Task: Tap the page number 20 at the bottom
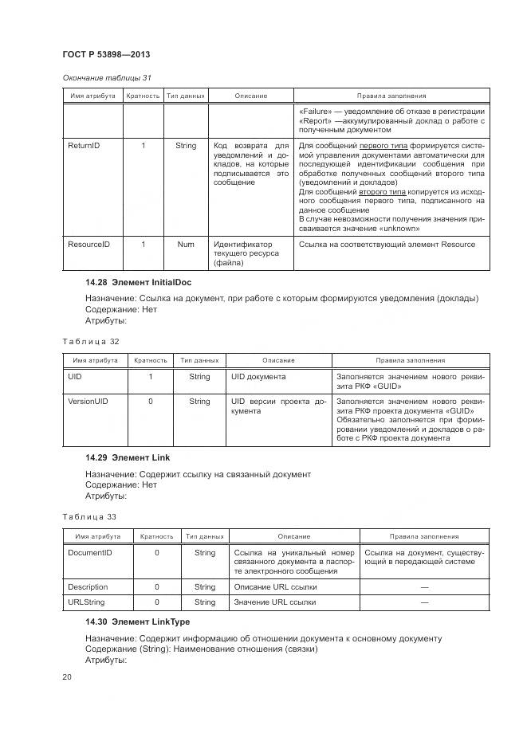67,676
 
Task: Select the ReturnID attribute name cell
83,146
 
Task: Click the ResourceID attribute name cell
88,244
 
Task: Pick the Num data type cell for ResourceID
185,244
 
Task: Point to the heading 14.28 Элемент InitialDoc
138,282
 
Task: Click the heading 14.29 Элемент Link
128,457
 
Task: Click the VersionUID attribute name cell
88,402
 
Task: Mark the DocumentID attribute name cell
89,552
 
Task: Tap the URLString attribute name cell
86,602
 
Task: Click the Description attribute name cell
88,587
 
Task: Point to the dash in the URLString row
423,602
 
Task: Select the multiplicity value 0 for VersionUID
151,402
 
